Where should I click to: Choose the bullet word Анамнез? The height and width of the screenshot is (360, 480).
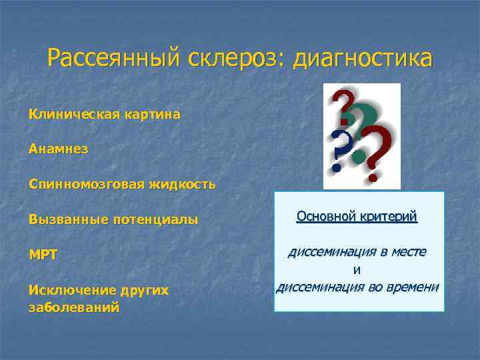(x=58, y=149)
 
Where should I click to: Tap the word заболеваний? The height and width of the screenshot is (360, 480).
(x=74, y=307)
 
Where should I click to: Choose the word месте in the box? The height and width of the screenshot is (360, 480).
(x=408, y=253)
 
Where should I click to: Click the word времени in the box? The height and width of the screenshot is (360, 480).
(x=411, y=287)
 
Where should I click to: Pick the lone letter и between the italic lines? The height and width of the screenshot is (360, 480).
(x=357, y=270)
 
